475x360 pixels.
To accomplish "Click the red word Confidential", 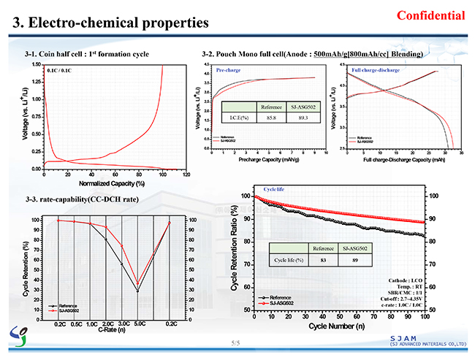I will (x=430, y=15).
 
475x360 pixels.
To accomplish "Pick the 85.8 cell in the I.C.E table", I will (x=270, y=117).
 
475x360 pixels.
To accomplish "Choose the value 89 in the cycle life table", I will (x=354, y=260).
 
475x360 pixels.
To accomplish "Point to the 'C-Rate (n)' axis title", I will (x=111, y=329).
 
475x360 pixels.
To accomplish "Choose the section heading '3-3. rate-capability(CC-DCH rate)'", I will (x=81, y=199).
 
